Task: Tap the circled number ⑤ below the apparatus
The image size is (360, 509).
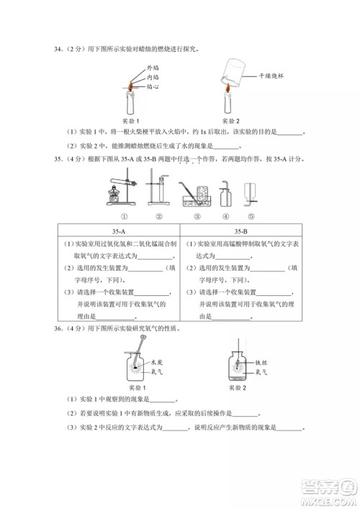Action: tap(251, 215)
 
